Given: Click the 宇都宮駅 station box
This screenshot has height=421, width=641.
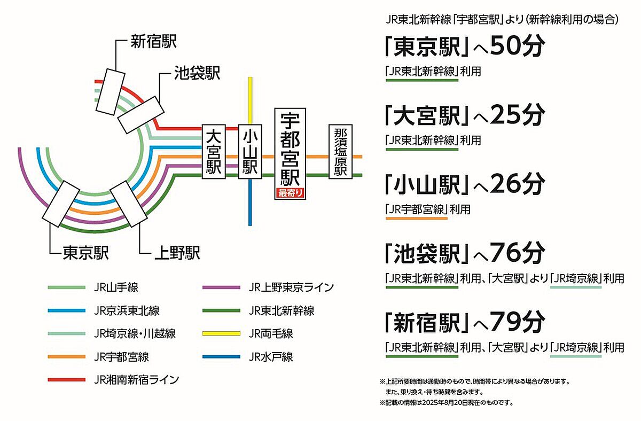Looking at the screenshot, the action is [290, 154].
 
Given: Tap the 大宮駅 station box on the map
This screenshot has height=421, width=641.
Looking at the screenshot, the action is [214, 152].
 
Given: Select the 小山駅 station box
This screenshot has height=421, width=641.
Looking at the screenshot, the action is [250, 152].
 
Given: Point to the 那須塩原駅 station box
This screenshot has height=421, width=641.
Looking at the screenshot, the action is [341, 152].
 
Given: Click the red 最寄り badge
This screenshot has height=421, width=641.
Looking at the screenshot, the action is [290, 193].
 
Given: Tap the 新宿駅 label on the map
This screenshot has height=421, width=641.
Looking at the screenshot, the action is [154, 41].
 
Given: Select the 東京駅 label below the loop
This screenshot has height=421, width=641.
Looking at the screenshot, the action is [85, 253].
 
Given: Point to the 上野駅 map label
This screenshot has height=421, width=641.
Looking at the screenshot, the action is [177, 253].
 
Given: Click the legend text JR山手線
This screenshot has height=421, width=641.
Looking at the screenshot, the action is [116, 287].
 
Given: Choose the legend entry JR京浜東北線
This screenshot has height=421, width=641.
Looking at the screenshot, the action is [127, 310].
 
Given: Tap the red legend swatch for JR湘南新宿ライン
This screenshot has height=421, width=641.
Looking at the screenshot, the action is [67, 380].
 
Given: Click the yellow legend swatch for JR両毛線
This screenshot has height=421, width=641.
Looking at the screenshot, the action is [221, 333].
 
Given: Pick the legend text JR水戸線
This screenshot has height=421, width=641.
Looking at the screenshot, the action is [271, 357].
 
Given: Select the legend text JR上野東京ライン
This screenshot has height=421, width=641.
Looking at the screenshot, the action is [291, 287].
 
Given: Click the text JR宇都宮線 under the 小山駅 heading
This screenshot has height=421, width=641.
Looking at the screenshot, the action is [416, 209].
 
